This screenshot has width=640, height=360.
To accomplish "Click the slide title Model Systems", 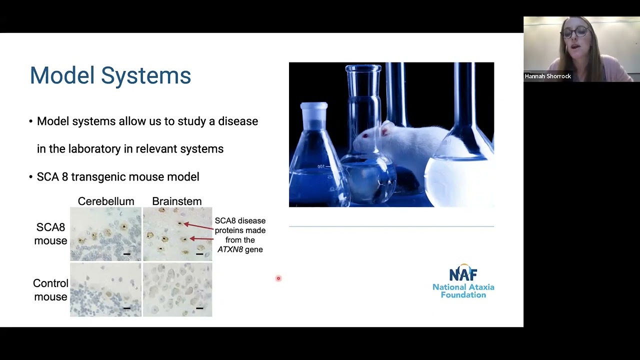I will pos(110,76).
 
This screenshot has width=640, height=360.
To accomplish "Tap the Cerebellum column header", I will pos(106,201).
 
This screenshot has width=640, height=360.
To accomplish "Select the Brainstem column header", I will pos(177,201).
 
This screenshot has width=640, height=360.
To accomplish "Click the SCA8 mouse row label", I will pos(50,234).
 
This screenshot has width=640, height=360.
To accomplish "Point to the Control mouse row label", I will pos(50,290).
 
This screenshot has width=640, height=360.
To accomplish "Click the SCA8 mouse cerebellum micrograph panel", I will pos(105,234).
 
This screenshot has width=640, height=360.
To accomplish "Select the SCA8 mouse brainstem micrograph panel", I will pos(177,234).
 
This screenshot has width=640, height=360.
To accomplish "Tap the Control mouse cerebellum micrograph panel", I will pos(105,290).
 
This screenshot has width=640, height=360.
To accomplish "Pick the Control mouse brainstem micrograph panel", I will pos(177,290).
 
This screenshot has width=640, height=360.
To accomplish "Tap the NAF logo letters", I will pos(463,274).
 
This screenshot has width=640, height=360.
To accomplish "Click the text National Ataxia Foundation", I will pos(463,291).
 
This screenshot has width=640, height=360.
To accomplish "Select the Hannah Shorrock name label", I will pos(548,76).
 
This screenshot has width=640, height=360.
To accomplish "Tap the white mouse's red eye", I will pos(365,136).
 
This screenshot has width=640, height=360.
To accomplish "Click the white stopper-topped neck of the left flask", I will pos(314,113).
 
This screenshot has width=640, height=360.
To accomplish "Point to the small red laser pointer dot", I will pos(278,278).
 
